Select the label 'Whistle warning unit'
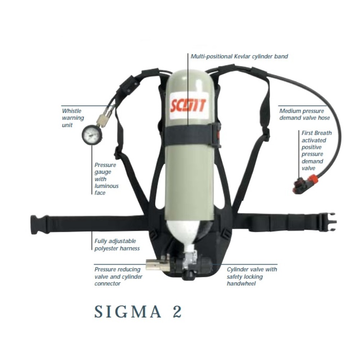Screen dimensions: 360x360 (72, 118)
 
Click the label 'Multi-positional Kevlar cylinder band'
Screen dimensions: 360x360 (239, 57)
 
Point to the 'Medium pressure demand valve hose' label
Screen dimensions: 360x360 (304, 114)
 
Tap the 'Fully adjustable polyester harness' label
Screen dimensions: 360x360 (117, 245)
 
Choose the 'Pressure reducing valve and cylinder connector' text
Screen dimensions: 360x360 (118, 276)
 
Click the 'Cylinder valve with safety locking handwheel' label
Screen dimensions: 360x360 (252, 276)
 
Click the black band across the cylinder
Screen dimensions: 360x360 (191, 135)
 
